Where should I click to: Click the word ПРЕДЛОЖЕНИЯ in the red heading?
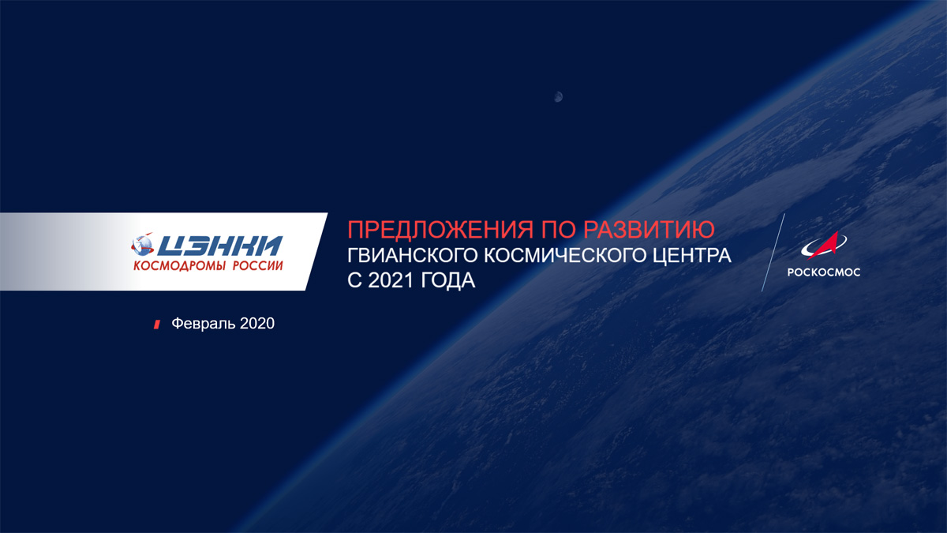coord(440,230)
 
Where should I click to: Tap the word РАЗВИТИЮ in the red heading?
coord(649,230)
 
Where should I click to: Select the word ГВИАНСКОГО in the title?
coord(412,256)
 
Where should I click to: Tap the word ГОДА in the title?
coord(448,281)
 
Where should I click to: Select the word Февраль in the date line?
coord(204,324)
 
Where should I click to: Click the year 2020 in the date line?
coord(257,324)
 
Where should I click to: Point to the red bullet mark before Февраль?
coord(157,325)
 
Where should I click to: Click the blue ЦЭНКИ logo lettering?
coord(219,246)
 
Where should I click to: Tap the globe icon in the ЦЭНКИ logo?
coord(143,245)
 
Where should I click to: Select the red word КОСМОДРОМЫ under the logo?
coord(180,265)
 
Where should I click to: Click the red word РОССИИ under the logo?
coord(258,265)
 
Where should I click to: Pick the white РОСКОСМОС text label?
coord(824,272)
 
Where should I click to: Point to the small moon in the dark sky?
coord(558,97)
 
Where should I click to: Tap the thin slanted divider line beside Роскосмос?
coord(773,253)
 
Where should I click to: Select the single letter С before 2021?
coord(354,281)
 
